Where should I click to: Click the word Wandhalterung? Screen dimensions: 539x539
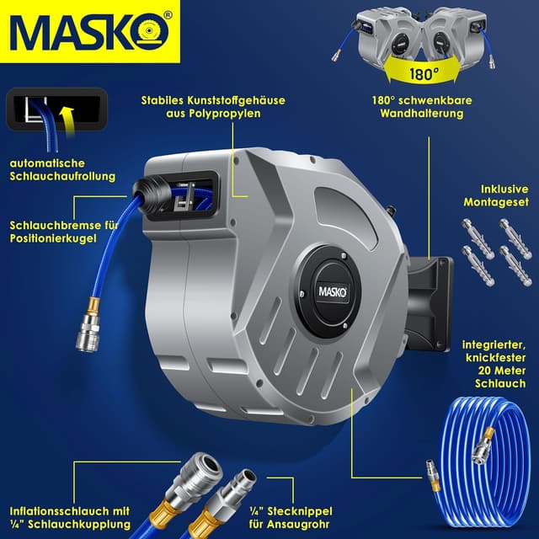427,113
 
